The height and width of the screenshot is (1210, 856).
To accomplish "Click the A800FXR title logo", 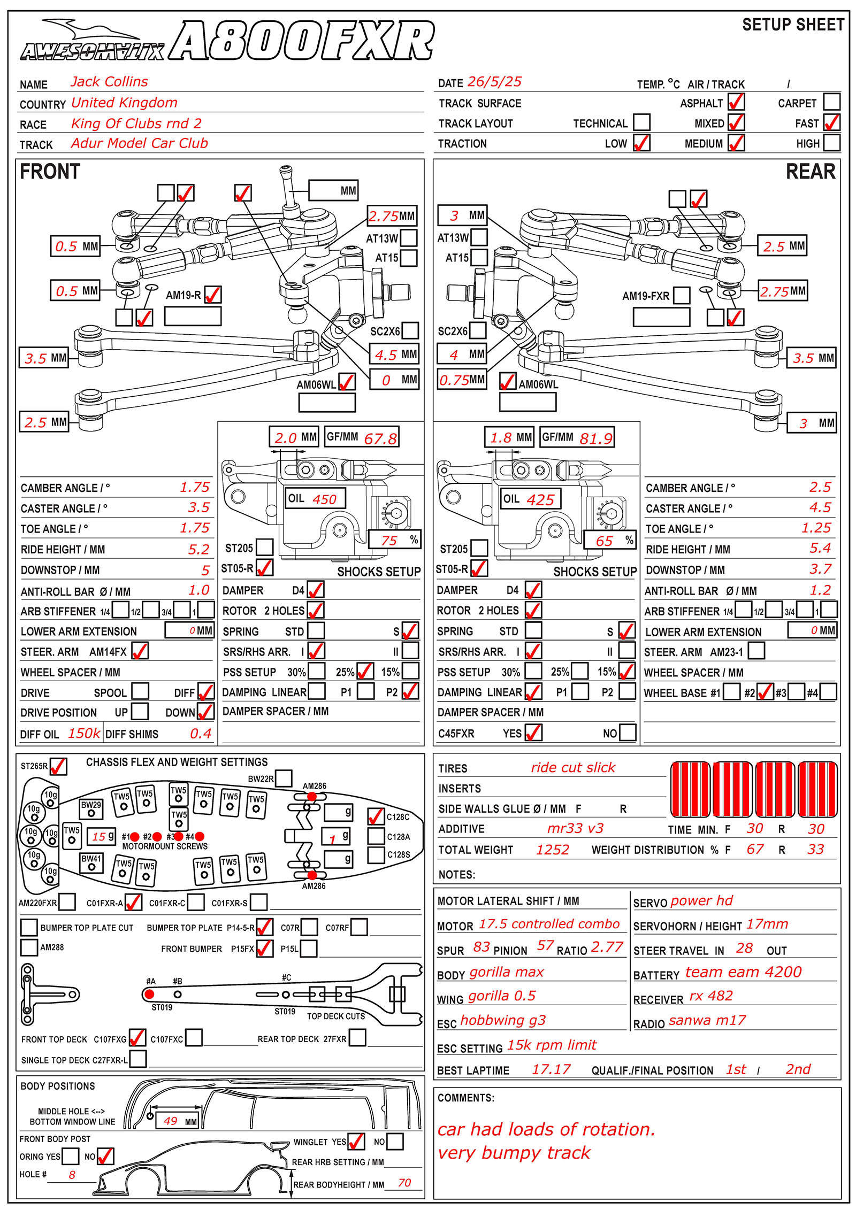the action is click(301, 41).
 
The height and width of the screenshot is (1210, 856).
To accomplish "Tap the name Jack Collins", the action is click(109, 82).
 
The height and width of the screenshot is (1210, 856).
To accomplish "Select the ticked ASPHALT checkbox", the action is click(736, 102).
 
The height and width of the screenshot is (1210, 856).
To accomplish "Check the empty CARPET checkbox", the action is click(832, 102).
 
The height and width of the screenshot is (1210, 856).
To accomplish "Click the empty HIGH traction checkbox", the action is click(832, 143).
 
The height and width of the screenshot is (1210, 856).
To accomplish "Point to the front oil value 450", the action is click(324, 499).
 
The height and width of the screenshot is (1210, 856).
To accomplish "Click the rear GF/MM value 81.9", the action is click(595, 438).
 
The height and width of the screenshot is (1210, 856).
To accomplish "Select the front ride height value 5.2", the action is click(198, 549).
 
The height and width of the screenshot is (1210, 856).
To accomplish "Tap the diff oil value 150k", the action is click(84, 733).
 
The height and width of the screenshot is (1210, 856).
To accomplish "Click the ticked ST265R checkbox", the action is click(58, 766).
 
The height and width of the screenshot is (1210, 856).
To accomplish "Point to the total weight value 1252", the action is click(553, 850).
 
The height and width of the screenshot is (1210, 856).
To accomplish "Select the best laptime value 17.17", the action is click(551, 1069).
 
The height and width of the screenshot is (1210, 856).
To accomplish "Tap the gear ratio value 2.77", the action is click(607, 947).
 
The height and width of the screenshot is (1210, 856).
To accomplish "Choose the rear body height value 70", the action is click(404, 1183).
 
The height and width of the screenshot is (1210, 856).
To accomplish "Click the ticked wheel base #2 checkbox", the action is click(765, 692).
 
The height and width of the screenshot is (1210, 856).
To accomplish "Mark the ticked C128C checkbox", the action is click(376, 816).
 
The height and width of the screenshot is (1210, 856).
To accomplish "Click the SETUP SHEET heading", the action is click(793, 25).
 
